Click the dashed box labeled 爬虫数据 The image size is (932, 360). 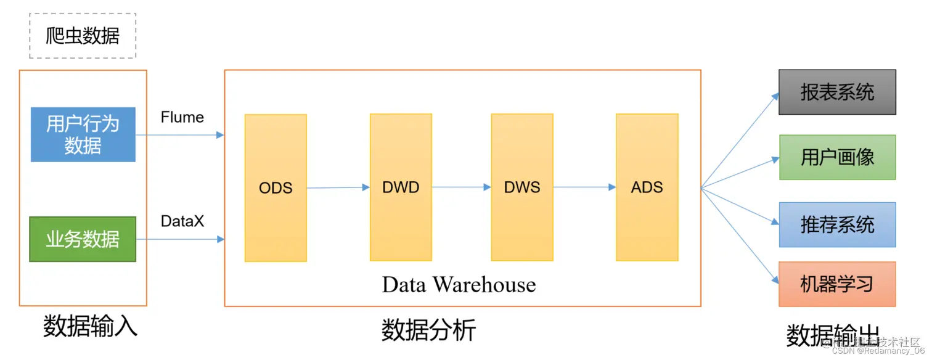[83, 36]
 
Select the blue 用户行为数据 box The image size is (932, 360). [83, 134]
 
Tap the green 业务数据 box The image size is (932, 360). [83, 239]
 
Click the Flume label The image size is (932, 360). [182, 117]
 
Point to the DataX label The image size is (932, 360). [182, 221]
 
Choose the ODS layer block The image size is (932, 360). [276, 187]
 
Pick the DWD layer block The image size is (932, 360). [401, 187]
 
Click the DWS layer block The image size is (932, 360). [522, 187]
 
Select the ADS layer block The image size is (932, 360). [647, 187]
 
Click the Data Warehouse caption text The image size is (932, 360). [459, 285]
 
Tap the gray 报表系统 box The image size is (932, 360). [837, 92]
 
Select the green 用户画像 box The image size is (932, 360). [837, 157]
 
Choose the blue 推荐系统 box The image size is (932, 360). [837, 224]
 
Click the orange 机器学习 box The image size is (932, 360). [837, 284]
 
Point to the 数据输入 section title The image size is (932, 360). [90, 325]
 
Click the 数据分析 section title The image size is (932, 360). [428, 330]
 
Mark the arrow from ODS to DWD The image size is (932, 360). [338, 187]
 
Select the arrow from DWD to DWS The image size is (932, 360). [461, 187]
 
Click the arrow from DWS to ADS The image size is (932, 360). [584, 187]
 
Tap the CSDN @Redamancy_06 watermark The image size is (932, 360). [878, 351]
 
